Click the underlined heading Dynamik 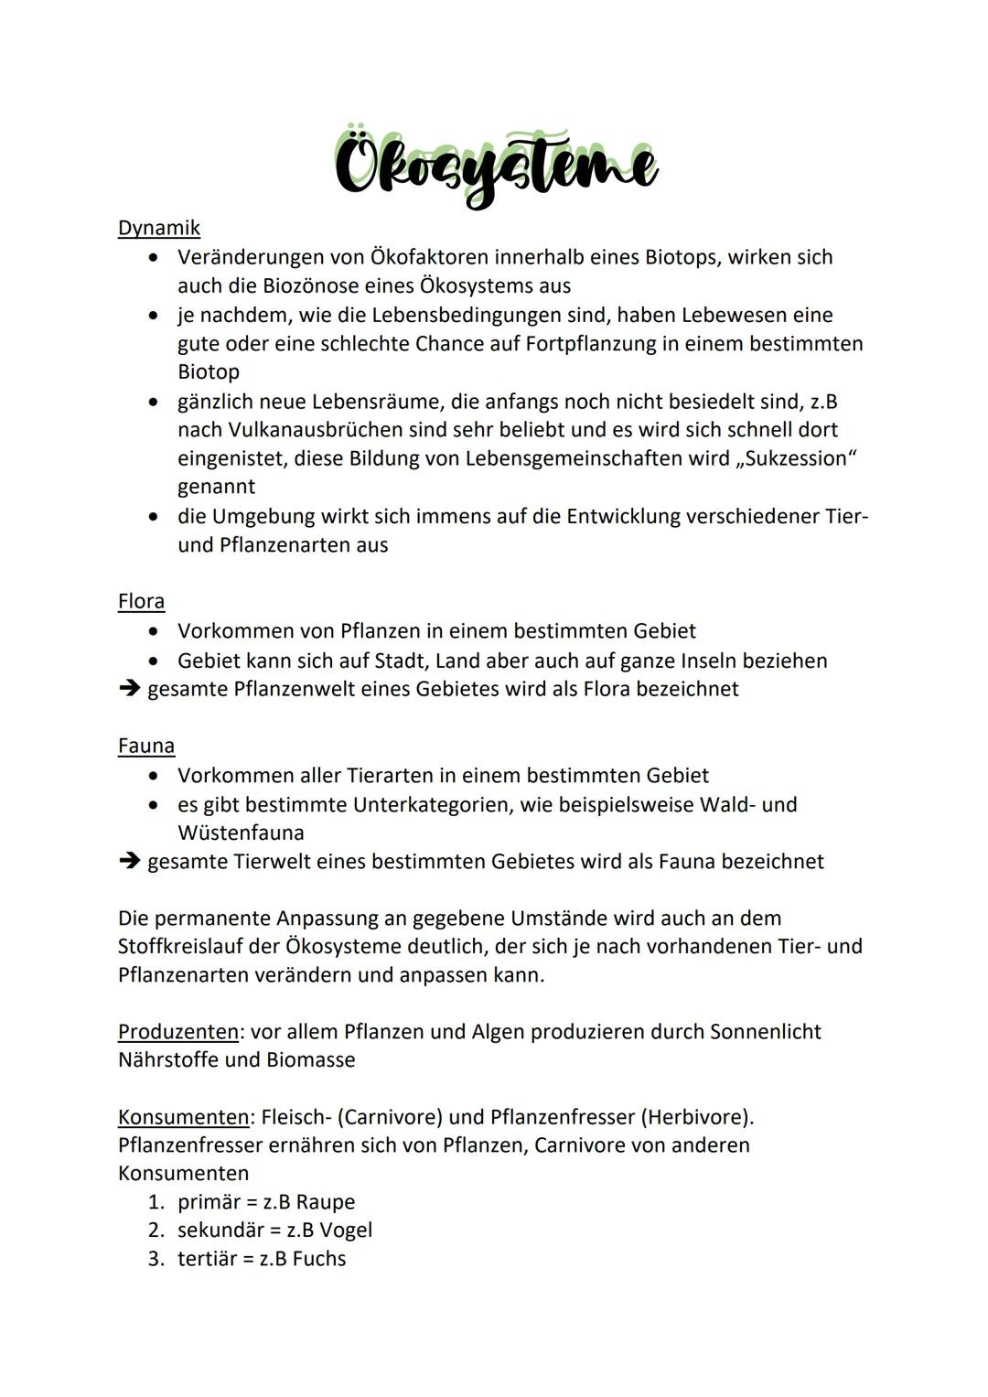[158, 228]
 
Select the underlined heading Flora [141, 601]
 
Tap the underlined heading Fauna [145, 746]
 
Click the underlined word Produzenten [178, 1032]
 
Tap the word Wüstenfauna [241, 833]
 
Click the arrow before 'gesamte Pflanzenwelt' [129, 689]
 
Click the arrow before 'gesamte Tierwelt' [129, 862]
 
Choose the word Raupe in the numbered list [325, 1202]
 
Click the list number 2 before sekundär [156, 1230]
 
